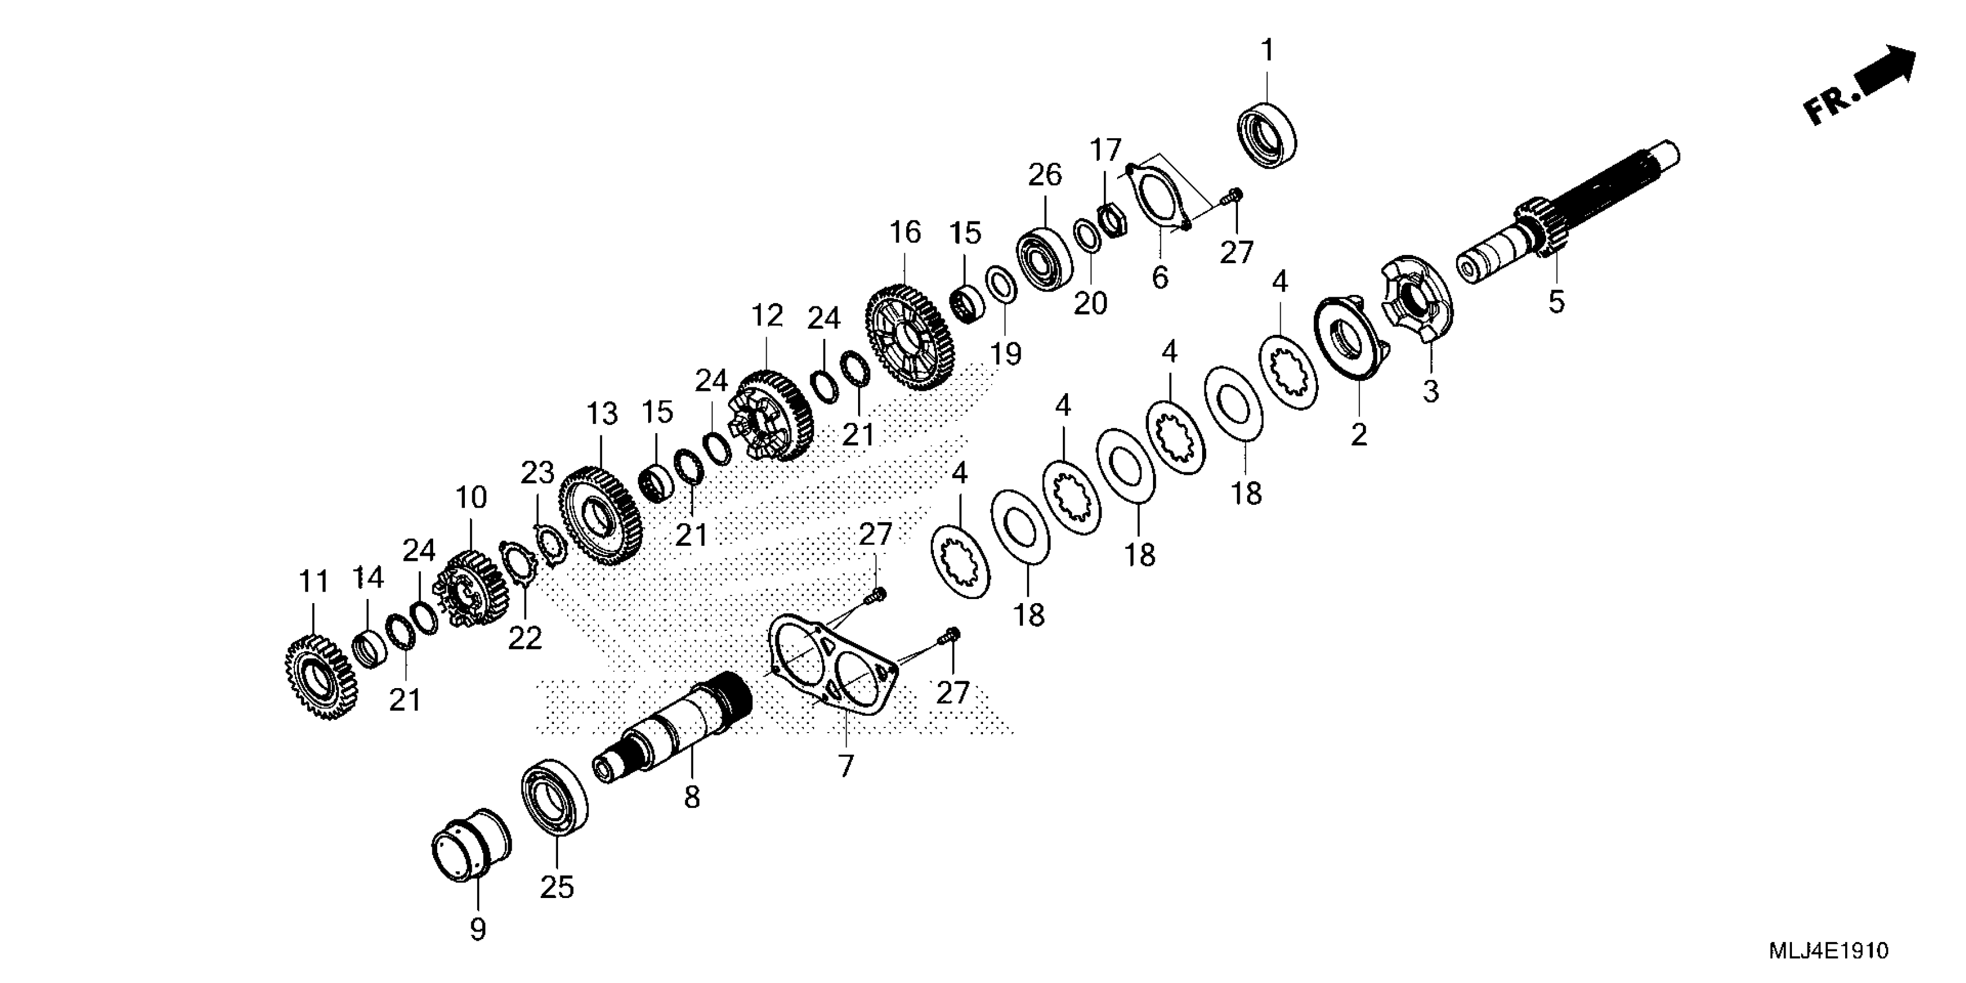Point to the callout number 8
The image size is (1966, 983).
(x=692, y=797)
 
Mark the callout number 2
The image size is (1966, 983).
(x=1358, y=435)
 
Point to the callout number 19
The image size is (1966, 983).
(x=1006, y=353)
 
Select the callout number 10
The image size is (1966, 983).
(x=471, y=498)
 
